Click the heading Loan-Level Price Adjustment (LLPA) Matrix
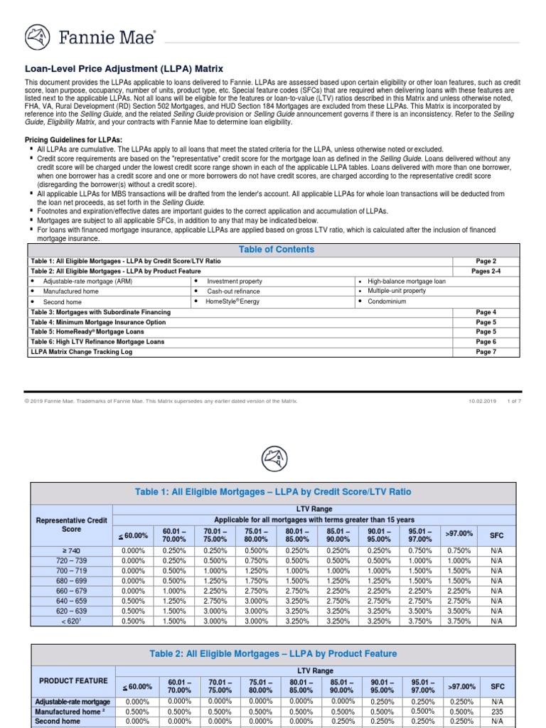pos(124,69)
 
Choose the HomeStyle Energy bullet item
pos(233,301)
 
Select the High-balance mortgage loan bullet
pos(407,282)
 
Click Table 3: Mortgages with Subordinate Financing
pos(100,312)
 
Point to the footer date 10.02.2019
pos(482,401)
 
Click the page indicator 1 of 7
pos(513,401)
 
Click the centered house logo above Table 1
pos(274,455)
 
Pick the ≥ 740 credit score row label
pos(71,550)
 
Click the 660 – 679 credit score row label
pos(71,590)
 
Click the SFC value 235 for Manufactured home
pos(496,711)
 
